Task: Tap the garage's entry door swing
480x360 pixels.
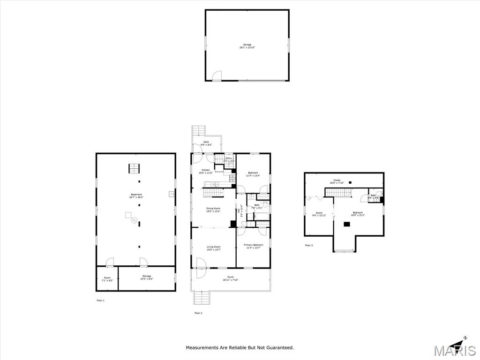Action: point(217,76)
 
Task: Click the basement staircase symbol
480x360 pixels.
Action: point(135,168)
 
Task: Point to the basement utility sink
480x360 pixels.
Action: point(171,194)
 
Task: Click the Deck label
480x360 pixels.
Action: point(207,143)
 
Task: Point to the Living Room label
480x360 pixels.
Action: point(213,248)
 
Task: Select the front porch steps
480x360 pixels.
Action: point(201,297)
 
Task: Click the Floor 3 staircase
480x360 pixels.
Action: point(338,192)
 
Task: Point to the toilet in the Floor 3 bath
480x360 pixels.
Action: point(379,194)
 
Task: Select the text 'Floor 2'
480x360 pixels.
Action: point(198,313)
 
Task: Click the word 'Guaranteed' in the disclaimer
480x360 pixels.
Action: point(279,347)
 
